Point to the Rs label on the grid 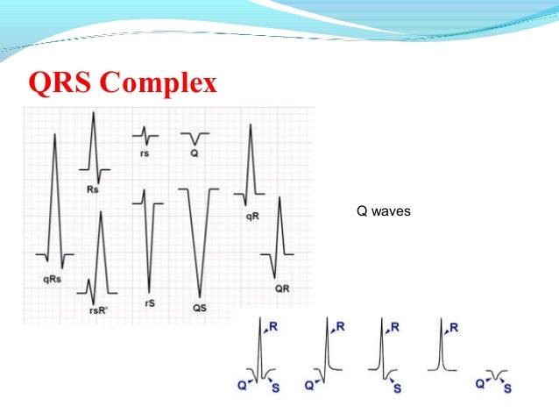pos(92,191)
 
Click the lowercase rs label pos(145,153)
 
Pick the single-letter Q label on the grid pos(195,153)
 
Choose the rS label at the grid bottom pos(149,303)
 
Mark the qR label pos(252,216)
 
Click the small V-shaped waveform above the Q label pos(195,138)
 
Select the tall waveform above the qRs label pos(55,202)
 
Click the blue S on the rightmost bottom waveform pos(507,388)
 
